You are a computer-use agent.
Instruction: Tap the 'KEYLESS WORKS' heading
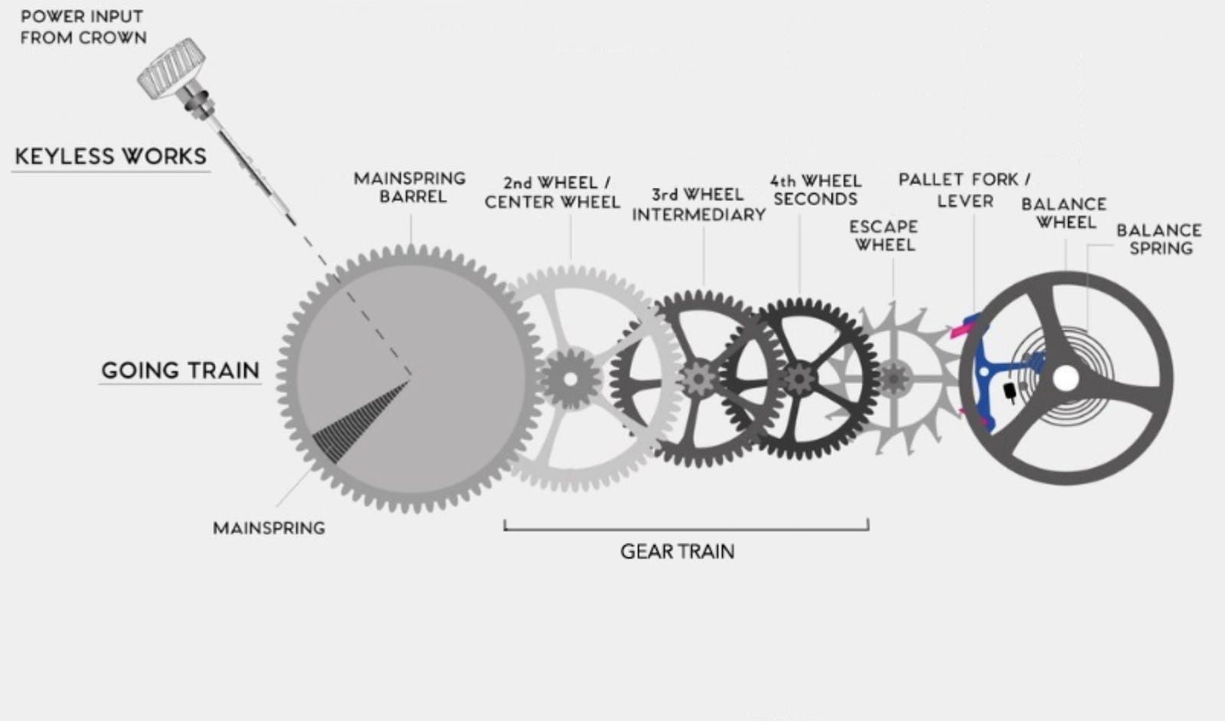[x=111, y=156]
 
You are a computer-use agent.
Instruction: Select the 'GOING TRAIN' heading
[x=181, y=370]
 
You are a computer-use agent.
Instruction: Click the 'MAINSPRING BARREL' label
[x=410, y=188]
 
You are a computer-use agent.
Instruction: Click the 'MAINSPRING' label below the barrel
[x=269, y=528]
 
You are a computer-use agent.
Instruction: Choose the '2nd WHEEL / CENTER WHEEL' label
[x=552, y=192]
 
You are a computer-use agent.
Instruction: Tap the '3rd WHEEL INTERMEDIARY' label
[x=698, y=204]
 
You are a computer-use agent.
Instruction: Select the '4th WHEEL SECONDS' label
[x=815, y=190]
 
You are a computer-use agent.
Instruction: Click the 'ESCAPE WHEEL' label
[x=884, y=236]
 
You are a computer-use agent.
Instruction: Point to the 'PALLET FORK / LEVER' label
[x=965, y=190]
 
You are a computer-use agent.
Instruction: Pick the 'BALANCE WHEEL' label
[x=1064, y=213]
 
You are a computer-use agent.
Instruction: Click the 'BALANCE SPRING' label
[x=1159, y=239]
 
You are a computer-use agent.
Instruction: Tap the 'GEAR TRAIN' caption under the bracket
[x=678, y=552]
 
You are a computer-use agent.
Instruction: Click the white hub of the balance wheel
[x=1065, y=378]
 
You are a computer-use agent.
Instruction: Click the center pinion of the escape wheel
[x=893, y=377]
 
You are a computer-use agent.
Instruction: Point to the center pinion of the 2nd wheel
[x=570, y=378]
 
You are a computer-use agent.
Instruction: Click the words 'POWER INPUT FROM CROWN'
[x=83, y=27]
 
